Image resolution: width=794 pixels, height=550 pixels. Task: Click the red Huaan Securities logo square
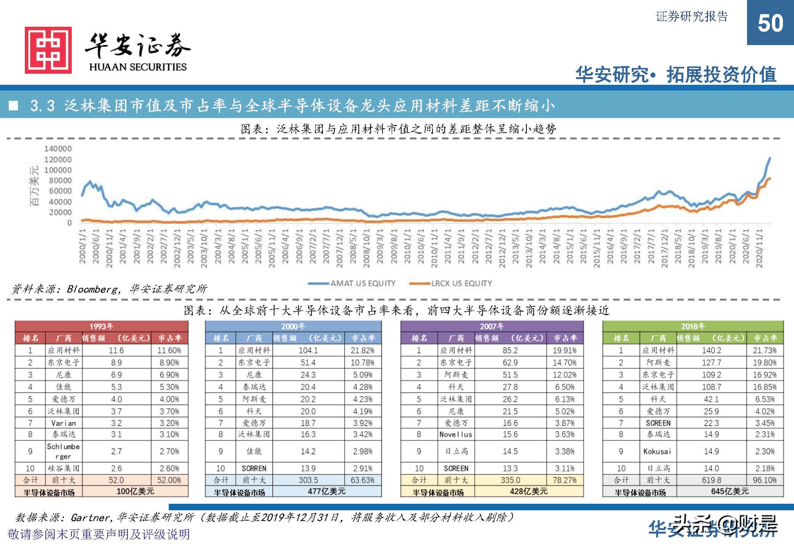click(x=48, y=50)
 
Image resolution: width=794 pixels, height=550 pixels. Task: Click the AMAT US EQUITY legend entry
click(x=362, y=283)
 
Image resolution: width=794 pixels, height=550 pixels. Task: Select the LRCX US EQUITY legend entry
click(x=461, y=283)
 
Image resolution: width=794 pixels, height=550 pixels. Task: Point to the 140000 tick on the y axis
click(x=58, y=149)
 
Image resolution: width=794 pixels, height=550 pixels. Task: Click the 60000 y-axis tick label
click(x=60, y=191)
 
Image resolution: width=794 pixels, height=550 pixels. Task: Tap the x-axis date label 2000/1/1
click(x=82, y=246)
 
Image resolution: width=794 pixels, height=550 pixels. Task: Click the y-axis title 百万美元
click(x=35, y=185)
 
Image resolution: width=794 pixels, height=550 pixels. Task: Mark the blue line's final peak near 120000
click(x=770, y=158)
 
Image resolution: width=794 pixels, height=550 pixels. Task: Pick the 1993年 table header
click(x=101, y=326)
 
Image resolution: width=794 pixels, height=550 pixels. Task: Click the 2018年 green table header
click(x=693, y=326)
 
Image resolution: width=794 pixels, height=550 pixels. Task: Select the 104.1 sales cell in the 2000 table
click(x=308, y=350)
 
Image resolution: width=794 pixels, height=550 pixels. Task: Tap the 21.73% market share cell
click(x=765, y=350)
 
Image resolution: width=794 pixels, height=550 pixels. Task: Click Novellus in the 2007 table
click(x=456, y=434)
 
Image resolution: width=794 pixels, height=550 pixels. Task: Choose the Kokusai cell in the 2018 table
click(x=657, y=451)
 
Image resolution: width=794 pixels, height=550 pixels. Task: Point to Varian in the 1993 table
click(x=63, y=423)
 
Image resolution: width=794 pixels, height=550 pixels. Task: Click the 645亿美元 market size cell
click(x=729, y=491)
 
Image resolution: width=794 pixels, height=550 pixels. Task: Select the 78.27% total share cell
click(x=565, y=480)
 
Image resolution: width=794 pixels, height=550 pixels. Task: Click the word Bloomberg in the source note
click(x=92, y=289)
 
